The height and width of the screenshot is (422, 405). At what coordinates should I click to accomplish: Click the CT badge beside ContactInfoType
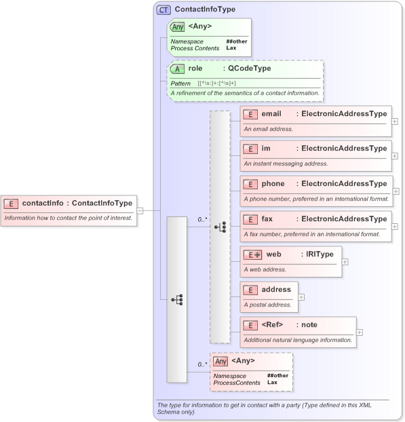click(163, 10)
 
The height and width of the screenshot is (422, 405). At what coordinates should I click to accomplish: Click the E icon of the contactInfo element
click(12, 203)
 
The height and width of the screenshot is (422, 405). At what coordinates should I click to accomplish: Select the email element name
click(271, 114)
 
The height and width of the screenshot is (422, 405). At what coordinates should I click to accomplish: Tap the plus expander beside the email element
click(395, 121)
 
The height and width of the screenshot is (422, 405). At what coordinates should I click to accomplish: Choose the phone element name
click(273, 184)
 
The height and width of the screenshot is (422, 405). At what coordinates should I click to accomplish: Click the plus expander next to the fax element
click(395, 227)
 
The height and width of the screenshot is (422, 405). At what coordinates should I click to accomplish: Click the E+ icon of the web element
click(253, 254)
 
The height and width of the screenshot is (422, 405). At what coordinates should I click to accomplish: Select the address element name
click(275, 290)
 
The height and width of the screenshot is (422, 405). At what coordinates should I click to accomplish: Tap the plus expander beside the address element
click(301, 296)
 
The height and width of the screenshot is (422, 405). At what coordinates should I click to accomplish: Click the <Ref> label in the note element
click(272, 325)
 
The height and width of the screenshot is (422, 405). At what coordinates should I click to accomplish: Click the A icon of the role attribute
click(177, 69)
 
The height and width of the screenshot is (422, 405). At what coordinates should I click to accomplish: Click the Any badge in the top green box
click(177, 27)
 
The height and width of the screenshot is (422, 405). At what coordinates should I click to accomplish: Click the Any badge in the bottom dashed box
click(220, 361)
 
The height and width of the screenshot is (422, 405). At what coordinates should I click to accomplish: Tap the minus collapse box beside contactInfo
click(140, 210)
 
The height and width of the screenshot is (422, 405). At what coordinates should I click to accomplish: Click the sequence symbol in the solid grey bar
click(177, 299)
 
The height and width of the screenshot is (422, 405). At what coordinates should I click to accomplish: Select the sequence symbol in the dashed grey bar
click(220, 227)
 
